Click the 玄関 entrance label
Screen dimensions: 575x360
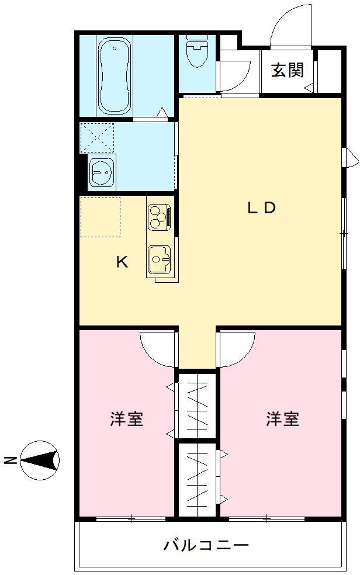pyautogui.click(x=287, y=70)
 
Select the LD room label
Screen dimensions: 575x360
pyautogui.click(x=260, y=207)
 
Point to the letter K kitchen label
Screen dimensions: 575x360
pyautogui.click(x=122, y=262)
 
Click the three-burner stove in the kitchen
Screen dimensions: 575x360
pyautogui.click(x=159, y=216)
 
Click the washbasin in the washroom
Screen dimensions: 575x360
pyautogui.click(x=102, y=172)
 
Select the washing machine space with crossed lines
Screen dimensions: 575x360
pyautogui.click(x=97, y=137)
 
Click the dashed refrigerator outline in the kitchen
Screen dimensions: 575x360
pyautogui.click(x=100, y=217)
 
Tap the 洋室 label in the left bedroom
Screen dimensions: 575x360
pyautogui.click(x=127, y=419)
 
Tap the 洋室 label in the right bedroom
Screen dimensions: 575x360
pyautogui.click(x=283, y=419)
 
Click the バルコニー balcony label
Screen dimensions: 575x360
pyautogui.click(x=206, y=546)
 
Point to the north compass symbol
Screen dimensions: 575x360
pyautogui.click(x=40, y=459)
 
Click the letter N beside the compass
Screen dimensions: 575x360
pyautogui.click(x=10, y=460)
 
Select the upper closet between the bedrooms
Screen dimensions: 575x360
pyautogui.click(x=197, y=405)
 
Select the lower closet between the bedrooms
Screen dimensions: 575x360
pyautogui.click(x=197, y=479)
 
